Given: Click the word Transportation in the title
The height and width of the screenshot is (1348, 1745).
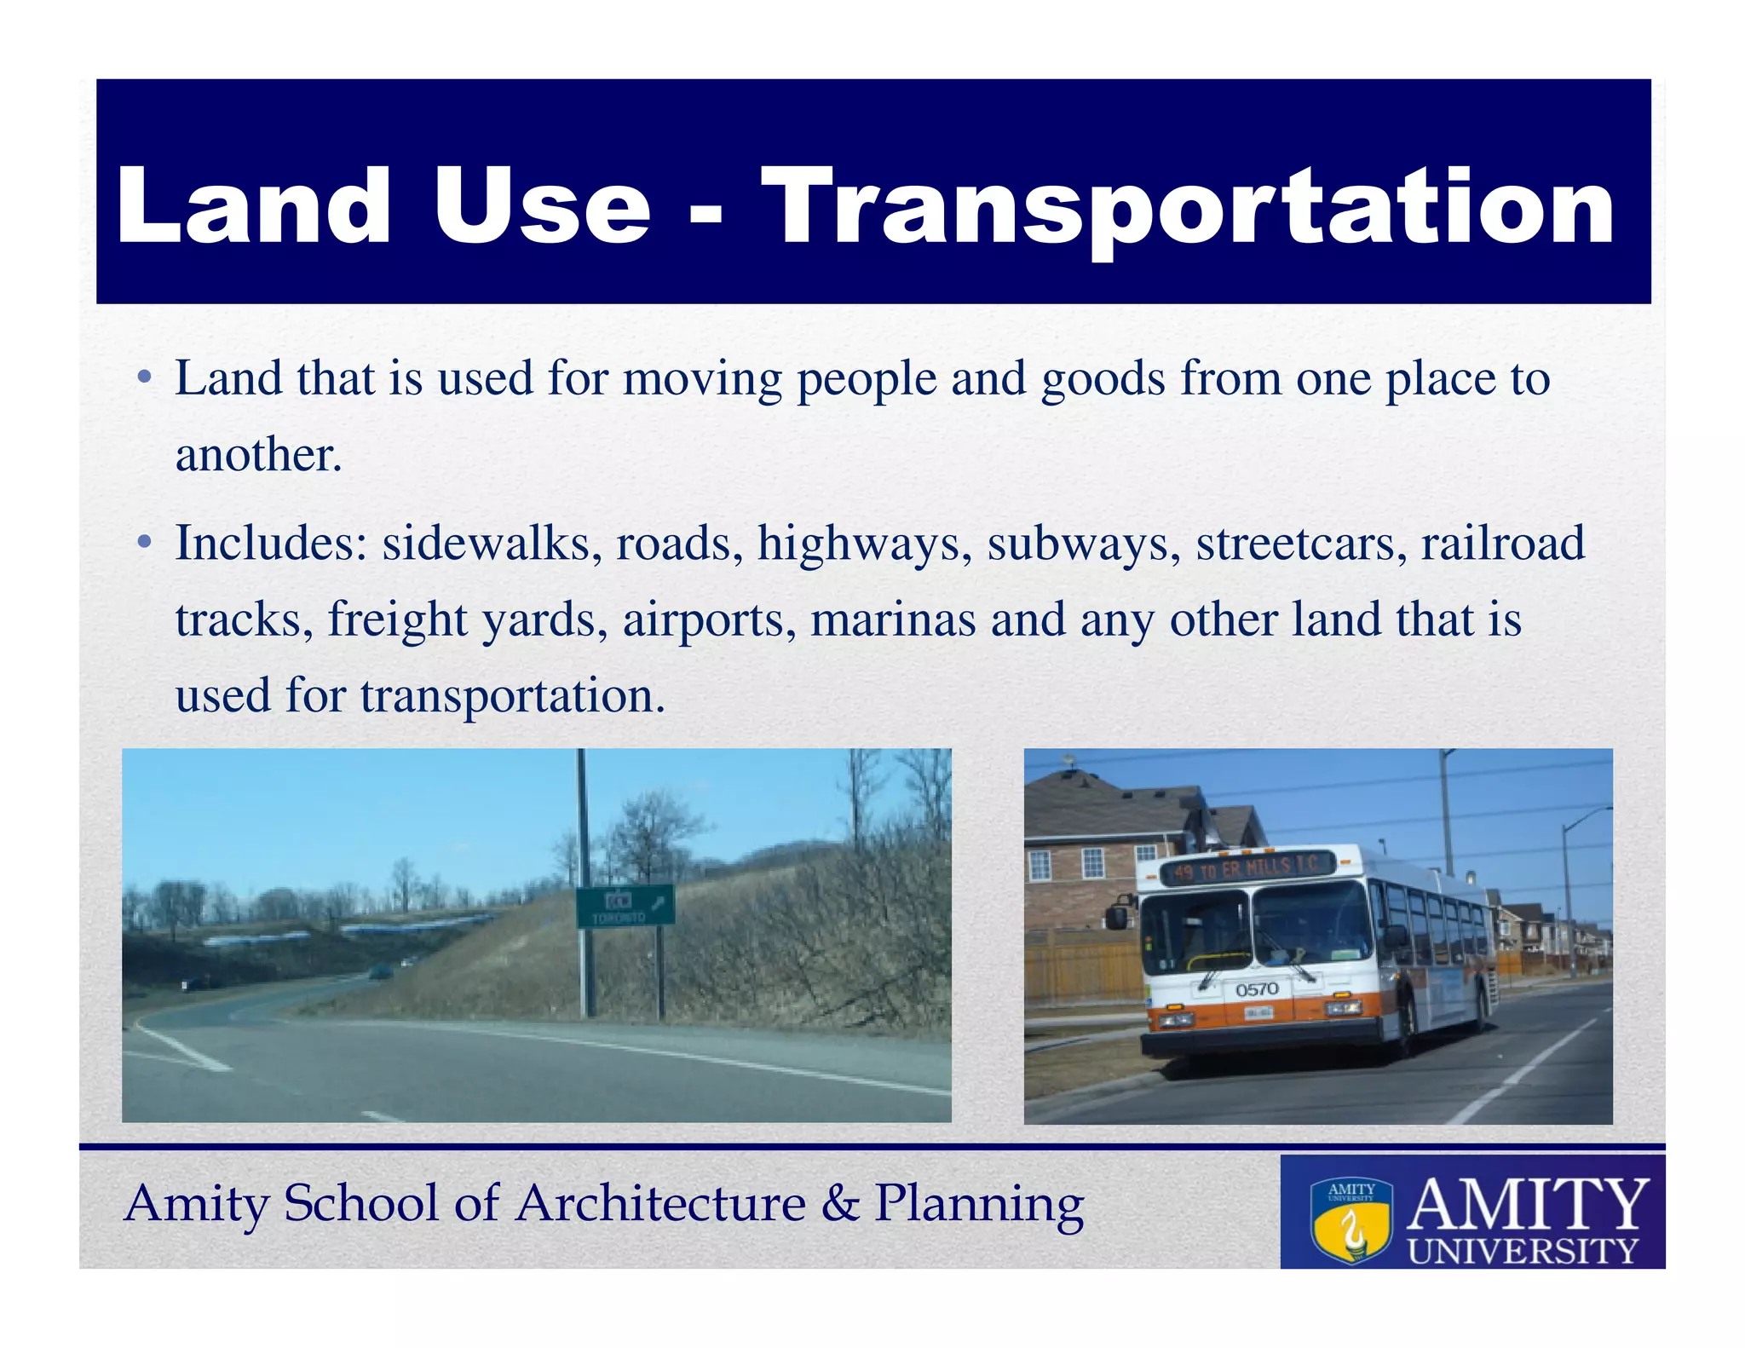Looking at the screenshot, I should pos(1188,207).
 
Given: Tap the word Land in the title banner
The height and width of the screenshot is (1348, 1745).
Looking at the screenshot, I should pos(253,207).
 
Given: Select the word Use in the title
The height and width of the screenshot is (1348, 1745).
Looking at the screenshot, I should pos(542,207).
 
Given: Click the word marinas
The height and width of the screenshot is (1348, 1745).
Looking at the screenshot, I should pos(893,619).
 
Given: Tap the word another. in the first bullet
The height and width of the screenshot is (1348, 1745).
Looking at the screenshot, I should pos(258,455).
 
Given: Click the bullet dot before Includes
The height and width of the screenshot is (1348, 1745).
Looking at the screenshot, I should pos(145,542).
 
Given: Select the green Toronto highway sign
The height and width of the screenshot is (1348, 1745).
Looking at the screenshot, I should pos(625,906).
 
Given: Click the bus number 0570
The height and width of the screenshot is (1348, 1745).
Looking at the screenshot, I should pos(1257,989).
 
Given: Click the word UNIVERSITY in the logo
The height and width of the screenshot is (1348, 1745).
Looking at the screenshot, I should pos(1523,1251).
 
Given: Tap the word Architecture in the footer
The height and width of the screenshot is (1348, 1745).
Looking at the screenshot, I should pos(661,1203).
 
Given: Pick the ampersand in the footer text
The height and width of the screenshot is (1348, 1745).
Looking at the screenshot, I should pos(841,1203).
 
